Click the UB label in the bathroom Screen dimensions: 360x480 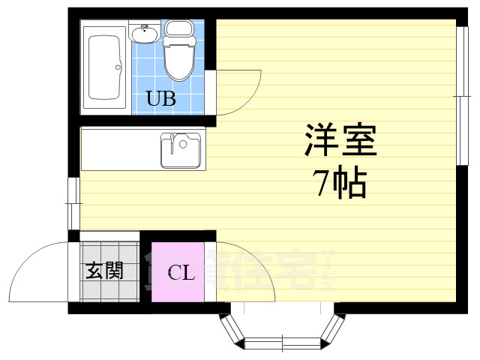coord(161,98)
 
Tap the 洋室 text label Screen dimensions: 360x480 coord(339,139)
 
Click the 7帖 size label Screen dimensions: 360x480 coord(339,182)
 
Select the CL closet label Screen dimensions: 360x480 coord(180,272)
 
